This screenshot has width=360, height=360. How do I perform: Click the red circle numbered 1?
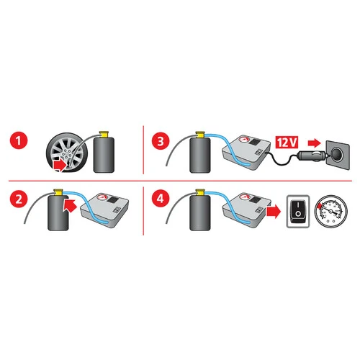19,140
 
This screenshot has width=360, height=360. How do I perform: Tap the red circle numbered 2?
19,199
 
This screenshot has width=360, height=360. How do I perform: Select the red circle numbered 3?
161,140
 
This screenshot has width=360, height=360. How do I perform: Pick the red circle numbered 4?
161,199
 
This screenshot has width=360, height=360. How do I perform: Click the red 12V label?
287,142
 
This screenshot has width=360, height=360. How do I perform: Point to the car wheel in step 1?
68,152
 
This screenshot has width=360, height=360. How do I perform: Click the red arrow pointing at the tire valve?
60,165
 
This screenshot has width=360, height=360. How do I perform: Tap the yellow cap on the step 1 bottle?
104,135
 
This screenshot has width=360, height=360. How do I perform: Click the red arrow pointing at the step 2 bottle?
69,204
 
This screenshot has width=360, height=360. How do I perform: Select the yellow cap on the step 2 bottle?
58,192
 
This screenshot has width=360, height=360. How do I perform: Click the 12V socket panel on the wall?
338,156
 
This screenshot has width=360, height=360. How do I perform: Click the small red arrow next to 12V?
314,143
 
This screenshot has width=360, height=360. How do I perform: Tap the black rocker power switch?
298,210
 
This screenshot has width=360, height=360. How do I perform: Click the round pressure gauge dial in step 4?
331,210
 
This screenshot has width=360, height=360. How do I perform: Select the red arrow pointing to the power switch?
273,212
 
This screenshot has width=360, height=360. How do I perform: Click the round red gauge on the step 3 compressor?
244,140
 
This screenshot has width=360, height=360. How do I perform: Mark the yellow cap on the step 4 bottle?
200,192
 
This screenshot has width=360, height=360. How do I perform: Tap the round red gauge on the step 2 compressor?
102,198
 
